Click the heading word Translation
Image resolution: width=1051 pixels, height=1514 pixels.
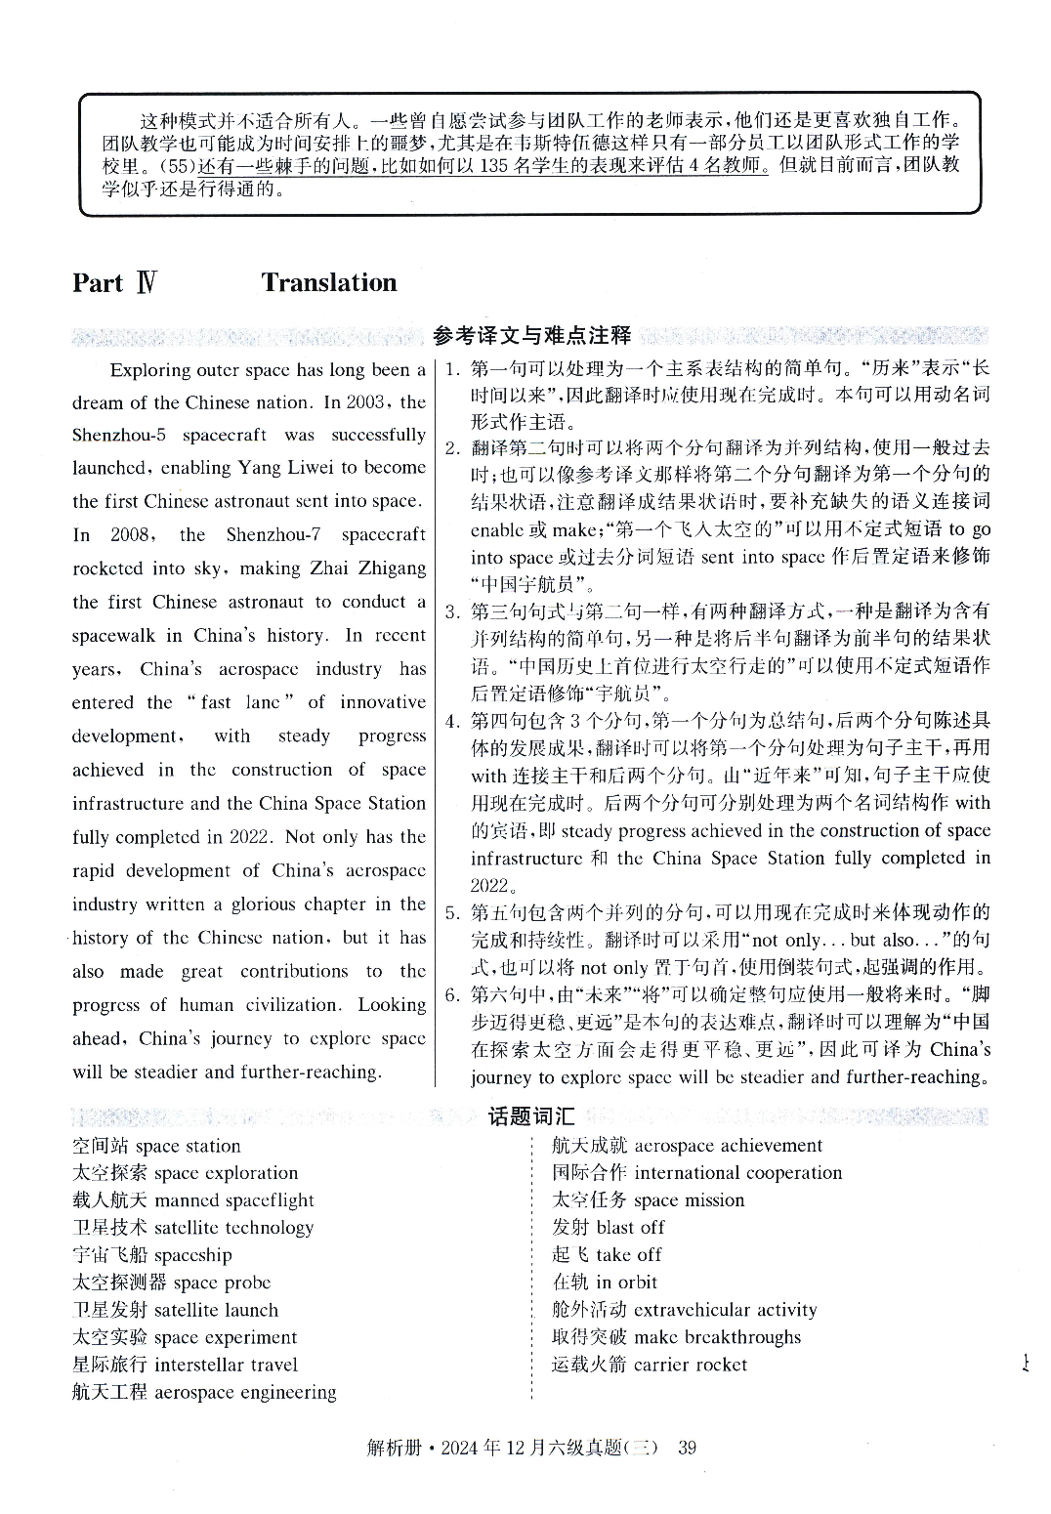pyautogui.click(x=328, y=283)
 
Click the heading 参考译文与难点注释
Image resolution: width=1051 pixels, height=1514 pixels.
pyautogui.click(x=531, y=336)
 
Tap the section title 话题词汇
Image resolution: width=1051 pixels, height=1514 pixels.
pyautogui.click(x=531, y=1116)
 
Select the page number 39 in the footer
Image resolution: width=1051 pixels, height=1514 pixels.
pyautogui.click(x=687, y=1448)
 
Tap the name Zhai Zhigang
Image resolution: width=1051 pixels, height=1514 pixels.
pyautogui.click(x=367, y=568)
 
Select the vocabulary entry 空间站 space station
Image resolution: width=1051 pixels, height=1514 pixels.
pyautogui.click(x=156, y=1146)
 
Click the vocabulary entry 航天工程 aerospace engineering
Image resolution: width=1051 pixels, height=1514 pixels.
pyautogui.click(x=204, y=1392)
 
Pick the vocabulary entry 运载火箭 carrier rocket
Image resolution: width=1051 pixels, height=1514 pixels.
pyautogui.click(x=649, y=1365)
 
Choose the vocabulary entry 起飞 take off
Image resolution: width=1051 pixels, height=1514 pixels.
pyautogui.click(x=607, y=1255)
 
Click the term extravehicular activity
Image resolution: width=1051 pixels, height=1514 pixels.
pyautogui.click(x=725, y=1310)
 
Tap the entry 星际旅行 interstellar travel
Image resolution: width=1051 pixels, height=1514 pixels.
pyautogui.click(x=185, y=1365)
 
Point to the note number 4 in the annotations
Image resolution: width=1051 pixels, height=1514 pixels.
pyautogui.click(x=451, y=722)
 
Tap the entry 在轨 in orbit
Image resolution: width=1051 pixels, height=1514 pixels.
pyautogui.click(x=605, y=1283)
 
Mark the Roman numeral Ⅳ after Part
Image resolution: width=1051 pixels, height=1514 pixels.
pyautogui.click(x=146, y=283)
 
